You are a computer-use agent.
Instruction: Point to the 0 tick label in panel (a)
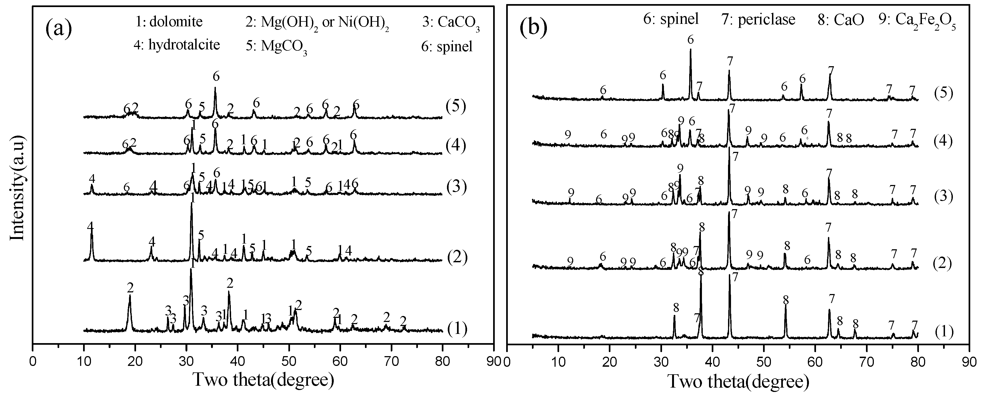(33, 360)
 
